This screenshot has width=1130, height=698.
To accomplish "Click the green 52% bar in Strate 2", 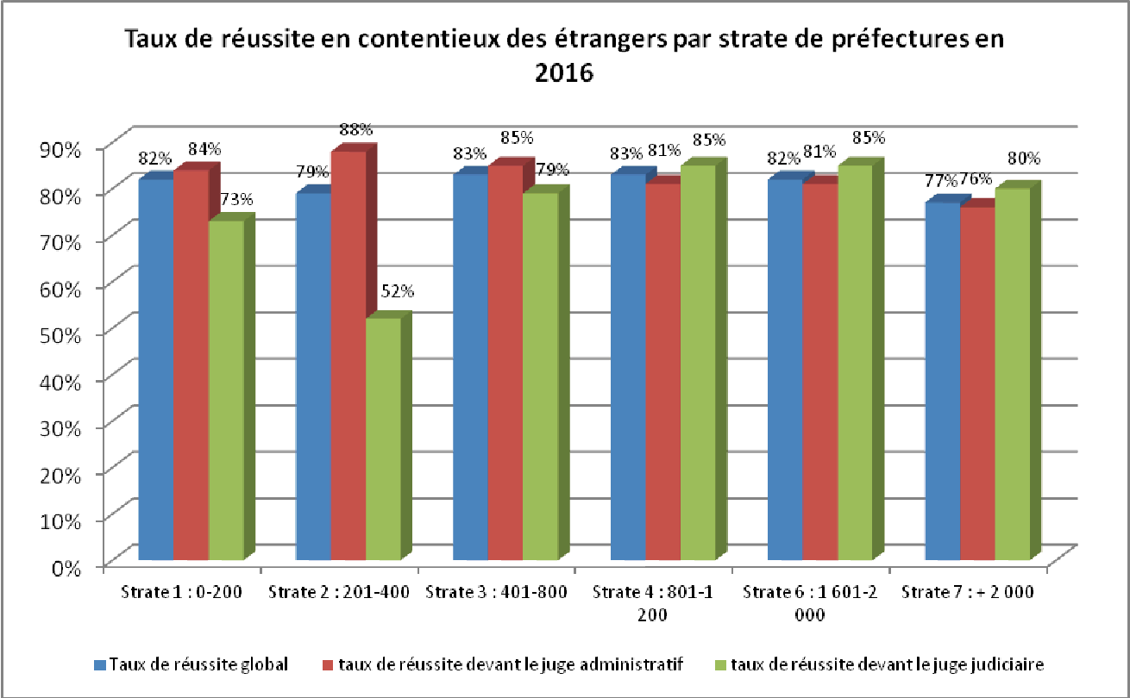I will (x=383, y=439).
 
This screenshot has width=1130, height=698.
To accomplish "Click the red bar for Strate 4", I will (x=662, y=371).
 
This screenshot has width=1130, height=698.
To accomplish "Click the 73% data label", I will (x=236, y=200).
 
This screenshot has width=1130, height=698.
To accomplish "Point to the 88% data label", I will (x=355, y=129).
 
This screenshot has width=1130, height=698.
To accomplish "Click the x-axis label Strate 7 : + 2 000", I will (x=968, y=592).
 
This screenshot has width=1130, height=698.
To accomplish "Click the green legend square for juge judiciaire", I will (x=722, y=664).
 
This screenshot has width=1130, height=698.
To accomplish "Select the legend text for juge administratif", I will (x=509, y=664).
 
